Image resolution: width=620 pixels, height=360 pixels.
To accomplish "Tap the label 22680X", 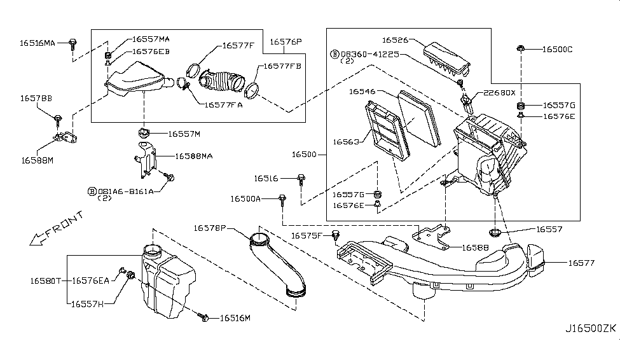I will [499, 92].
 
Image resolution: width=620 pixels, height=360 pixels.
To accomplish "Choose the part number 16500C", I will [559, 49].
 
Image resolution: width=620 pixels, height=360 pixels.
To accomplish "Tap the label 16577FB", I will [283, 66].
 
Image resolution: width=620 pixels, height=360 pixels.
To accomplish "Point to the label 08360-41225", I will [369, 54].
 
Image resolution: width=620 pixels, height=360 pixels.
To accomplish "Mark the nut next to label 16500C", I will [521, 48].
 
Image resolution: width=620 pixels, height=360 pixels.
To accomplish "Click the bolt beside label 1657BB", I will [59, 118].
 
